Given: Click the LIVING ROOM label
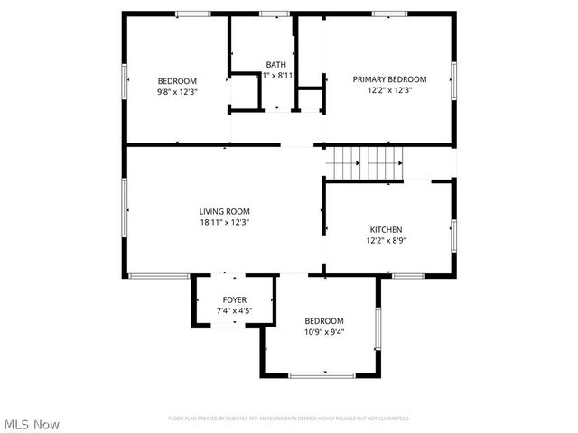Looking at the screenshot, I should [224, 211].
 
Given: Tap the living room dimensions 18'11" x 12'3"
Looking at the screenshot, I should [224, 222].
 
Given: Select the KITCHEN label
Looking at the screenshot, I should [386, 229].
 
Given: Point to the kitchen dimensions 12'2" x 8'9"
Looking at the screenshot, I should [386, 240].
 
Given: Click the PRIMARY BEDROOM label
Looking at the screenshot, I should [389, 79].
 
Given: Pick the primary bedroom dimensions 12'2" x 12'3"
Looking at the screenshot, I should [389, 90].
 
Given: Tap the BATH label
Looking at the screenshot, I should [275, 65].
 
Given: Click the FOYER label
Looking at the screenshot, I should [235, 299].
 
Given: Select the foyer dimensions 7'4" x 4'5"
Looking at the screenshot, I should [235, 310].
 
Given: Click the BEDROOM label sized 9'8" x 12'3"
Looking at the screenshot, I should [177, 81].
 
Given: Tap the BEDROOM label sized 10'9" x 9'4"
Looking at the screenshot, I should [323, 321].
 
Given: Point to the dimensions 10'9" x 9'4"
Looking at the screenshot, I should [323, 332].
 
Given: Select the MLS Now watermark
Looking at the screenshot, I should [32, 424].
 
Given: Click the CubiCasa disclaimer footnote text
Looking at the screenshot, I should [289, 419].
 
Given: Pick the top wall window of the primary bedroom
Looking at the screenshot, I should [388, 14].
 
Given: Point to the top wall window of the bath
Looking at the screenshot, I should [274, 14].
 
